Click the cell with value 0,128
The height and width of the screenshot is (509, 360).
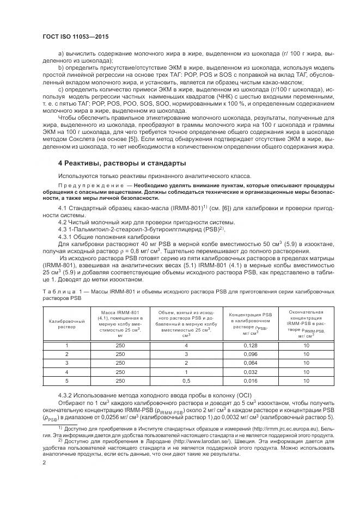pos(250,345)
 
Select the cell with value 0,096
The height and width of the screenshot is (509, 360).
pos(250,354)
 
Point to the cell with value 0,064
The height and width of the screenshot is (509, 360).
pos(250,363)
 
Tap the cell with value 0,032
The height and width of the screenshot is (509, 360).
pos(250,372)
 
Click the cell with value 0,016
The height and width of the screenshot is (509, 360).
pos(250,381)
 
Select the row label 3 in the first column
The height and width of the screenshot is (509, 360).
pos(66,363)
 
